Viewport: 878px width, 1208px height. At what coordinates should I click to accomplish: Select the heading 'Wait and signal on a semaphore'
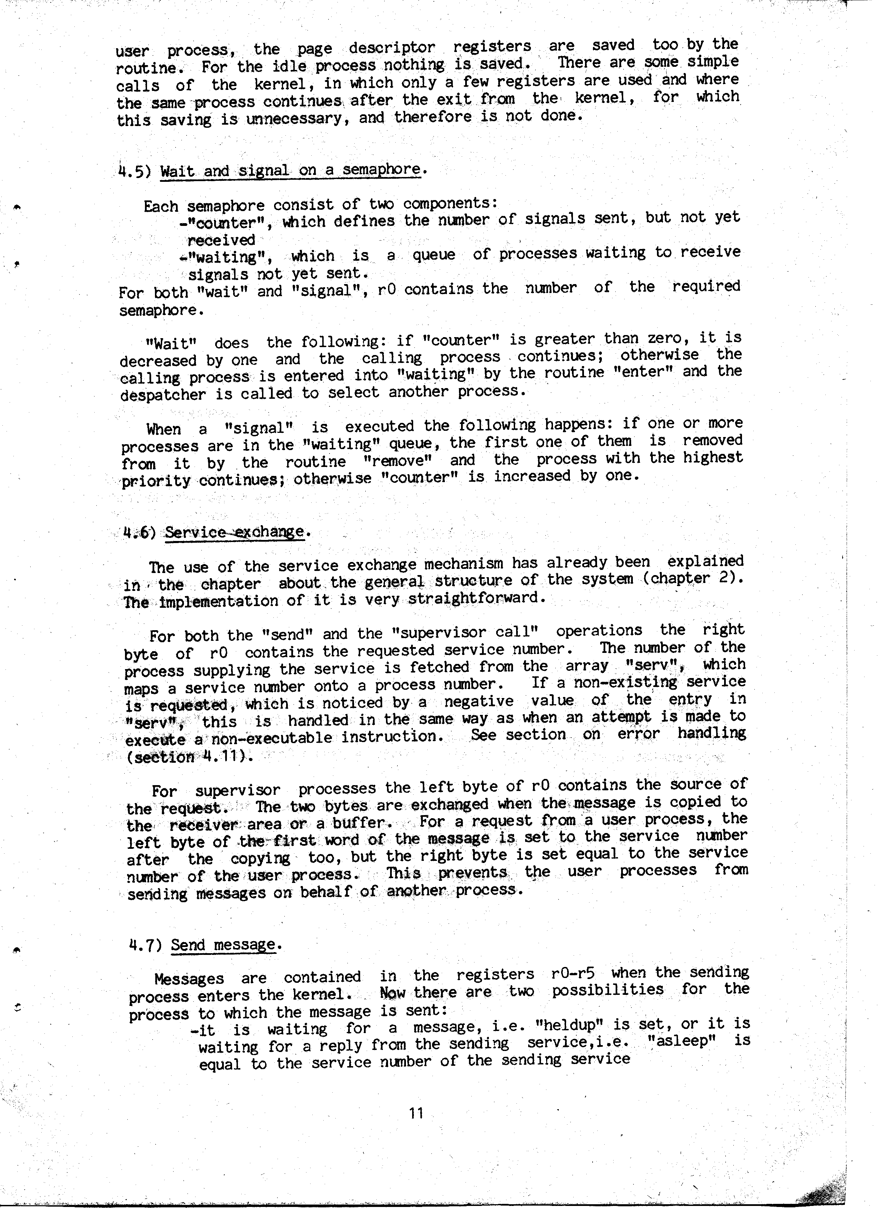291,170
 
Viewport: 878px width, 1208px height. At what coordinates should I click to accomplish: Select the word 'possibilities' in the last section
607,990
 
